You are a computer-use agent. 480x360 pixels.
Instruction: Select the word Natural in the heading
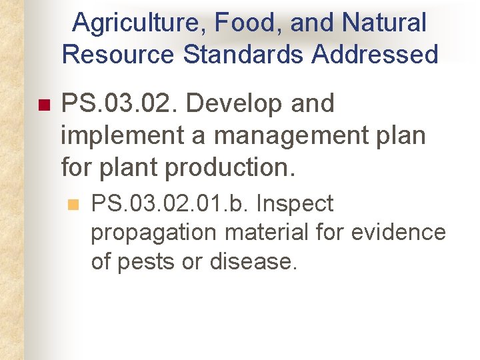(384, 23)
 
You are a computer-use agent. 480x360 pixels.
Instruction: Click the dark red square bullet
(45, 105)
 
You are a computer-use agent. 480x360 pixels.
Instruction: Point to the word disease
(253, 261)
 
